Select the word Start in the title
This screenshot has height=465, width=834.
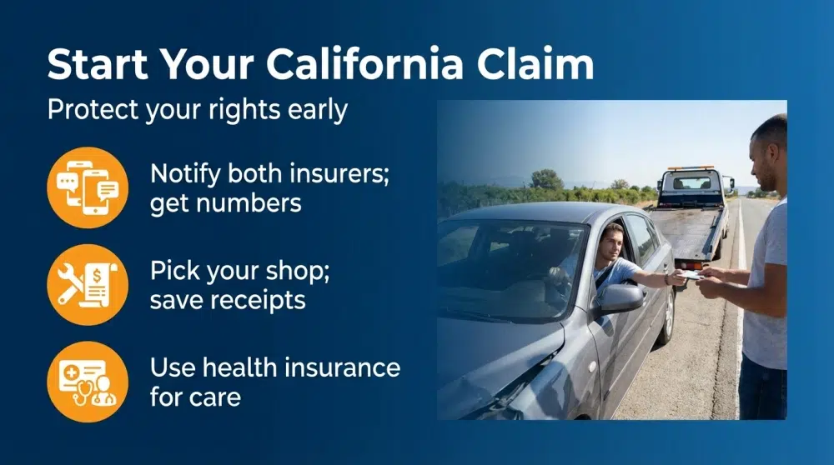pos(100,65)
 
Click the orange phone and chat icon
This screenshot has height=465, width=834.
pos(88,187)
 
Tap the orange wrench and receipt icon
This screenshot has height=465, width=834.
pos(88,284)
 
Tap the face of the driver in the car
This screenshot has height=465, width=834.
pos(613,243)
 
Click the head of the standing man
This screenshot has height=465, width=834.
pos(768,150)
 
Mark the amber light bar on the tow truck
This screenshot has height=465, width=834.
pos(691,167)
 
